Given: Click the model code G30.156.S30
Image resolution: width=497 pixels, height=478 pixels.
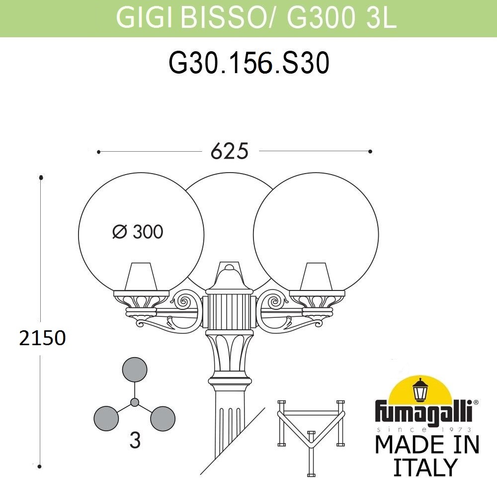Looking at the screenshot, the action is coord(249,63).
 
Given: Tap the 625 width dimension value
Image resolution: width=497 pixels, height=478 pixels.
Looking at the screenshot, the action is coord(230,151).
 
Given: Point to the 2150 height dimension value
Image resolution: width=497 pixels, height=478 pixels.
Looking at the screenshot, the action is coord(42,338).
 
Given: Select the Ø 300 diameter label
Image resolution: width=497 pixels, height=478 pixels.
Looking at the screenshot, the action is coord(138,232).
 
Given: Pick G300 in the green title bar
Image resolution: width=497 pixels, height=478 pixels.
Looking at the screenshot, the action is coord(321,17).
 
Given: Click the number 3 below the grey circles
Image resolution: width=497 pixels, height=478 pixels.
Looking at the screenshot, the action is coord(135,440).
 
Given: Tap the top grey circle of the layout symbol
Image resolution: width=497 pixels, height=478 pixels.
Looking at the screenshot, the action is coord(135,370).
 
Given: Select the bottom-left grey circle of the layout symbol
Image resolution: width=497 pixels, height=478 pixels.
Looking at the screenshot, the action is coord(106,418).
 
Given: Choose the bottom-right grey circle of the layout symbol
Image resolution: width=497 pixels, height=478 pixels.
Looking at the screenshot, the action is coord(163,418).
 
